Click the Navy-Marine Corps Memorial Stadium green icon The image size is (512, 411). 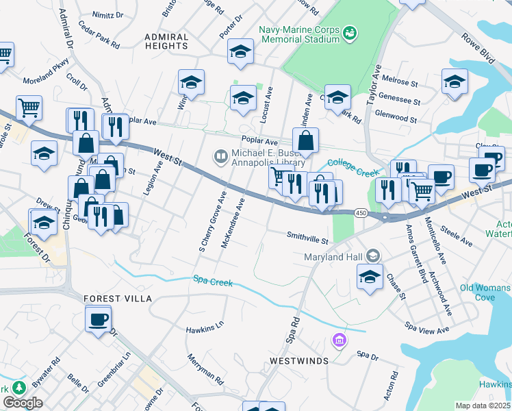(x=350, y=32)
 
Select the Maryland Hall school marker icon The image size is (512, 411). (x=373, y=256)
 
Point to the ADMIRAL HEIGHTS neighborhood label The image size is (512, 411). (x=166, y=41)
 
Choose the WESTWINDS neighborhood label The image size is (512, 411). (x=299, y=360)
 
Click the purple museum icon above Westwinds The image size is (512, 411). (x=338, y=340)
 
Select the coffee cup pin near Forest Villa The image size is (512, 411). (x=98, y=319)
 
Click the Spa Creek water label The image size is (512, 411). (x=212, y=282)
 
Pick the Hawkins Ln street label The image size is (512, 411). (x=205, y=329)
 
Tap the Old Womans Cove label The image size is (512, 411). (x=486, y=292)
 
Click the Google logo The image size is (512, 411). (x=23, y=403)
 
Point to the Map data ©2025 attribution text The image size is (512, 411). (x=483, y=406)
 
